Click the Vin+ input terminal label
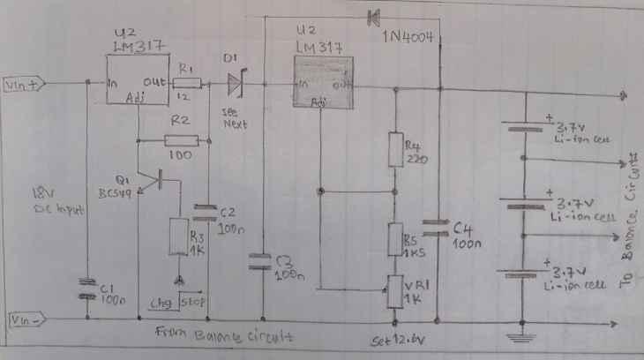click(19, 85)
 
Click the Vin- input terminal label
click(22, 318)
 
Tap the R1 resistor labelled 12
click(188, 85)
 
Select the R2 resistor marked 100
click(181, 139)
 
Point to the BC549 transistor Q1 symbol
click(155, 180)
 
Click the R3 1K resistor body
click(179, 236)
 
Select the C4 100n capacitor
click(433, 228)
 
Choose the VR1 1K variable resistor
click(394, 290)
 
